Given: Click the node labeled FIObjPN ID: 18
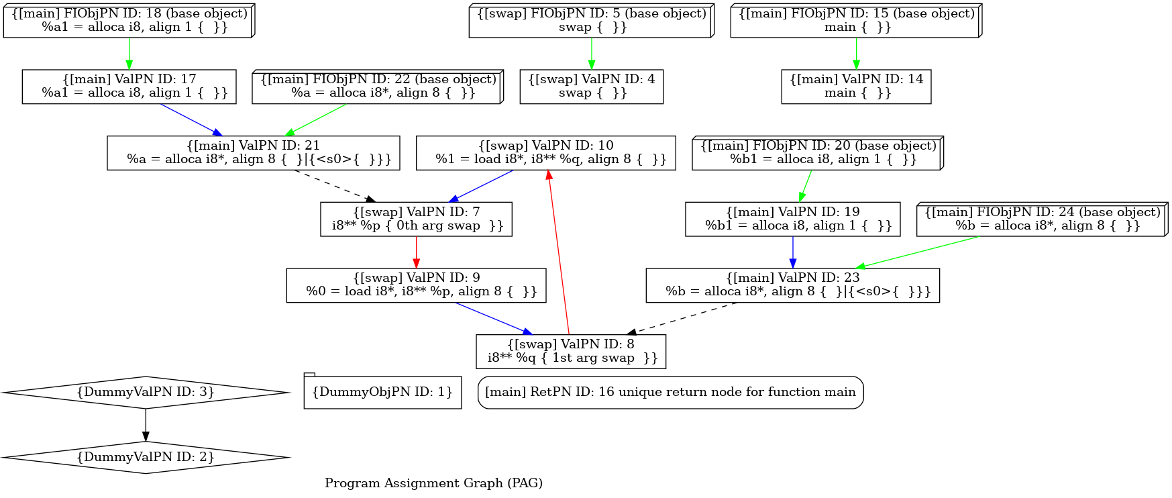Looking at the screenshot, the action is tap(129, 20).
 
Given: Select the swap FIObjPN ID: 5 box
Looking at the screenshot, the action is tap(591, 20).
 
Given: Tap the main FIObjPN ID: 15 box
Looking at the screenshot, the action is tap(856, 20).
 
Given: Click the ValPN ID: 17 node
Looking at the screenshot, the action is tap(129, 87).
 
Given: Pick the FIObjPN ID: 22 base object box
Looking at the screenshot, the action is tap(378, 87).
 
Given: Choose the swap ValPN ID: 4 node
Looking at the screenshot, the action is tap(591, 87).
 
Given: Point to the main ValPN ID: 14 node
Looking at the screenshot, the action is tap(856, 87).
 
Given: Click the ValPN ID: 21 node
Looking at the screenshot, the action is tap(253, 153).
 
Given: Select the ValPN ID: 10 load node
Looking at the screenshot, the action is tap(545, 153).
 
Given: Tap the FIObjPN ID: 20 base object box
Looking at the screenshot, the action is tap(818, 153).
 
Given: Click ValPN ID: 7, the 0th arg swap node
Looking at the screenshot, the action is tap(416, 219).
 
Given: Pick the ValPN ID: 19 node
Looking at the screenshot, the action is tap(792, 219).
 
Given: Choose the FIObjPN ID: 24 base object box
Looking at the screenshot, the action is tap(1043, 219).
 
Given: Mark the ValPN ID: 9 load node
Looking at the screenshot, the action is tap(416, 285).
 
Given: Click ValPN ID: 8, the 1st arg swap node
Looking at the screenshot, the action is tap(571, 352).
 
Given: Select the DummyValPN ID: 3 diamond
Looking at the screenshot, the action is tap(146, 393).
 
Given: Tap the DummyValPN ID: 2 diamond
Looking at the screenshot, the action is tap(146, 458).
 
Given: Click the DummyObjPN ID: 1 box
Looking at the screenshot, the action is tap(382, 392).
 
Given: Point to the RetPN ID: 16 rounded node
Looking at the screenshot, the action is tap(670, 393).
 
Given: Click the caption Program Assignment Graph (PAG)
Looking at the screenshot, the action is tap(433, 483).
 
